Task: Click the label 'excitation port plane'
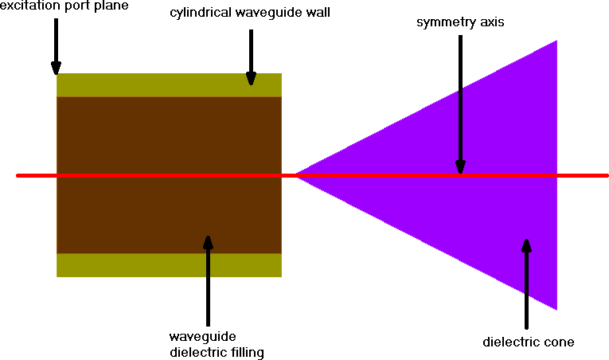(64, 6)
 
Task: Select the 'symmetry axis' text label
(459, 22)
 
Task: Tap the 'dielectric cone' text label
(529, 342)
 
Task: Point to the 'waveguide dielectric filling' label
(216, 343)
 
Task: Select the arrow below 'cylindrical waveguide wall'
(251, 56)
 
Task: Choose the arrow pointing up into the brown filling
(208, 279)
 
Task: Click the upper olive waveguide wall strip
(169, 84)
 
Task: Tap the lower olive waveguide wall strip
(169, 265)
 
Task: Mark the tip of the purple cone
(297, 175)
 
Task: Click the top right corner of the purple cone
(555, 41)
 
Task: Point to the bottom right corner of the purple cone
(555, 307)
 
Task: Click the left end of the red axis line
(18, 175)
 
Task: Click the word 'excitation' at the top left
(27, 6)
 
